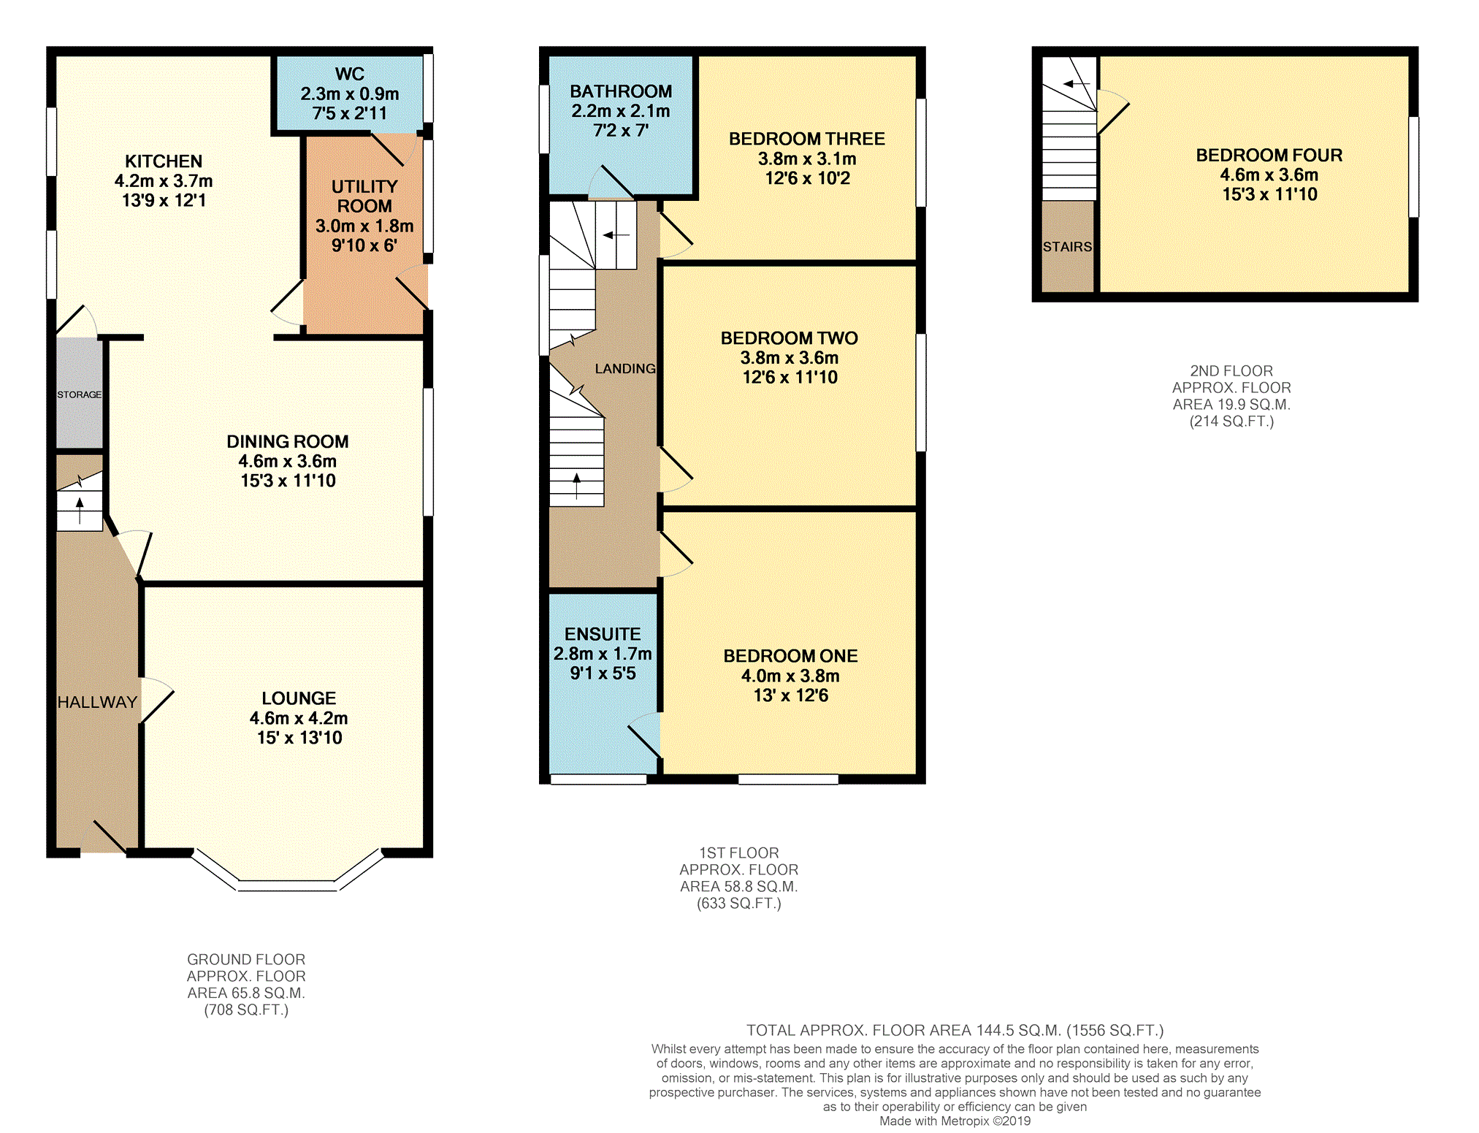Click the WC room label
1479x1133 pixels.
click(349, 74)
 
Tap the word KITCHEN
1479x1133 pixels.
click(164, 161)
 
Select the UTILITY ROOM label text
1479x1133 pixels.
click(364, 197)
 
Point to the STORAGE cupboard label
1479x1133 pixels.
click(80, 394)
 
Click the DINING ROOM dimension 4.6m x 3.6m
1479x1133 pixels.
click(288, 461)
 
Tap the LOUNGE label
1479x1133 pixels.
click(299, 698)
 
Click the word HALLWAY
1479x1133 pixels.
click(97, 702)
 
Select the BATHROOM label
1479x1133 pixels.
click(621, 91)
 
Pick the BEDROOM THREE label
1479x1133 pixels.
click(807, 139)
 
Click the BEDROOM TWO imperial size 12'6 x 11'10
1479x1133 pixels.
click(790, 377)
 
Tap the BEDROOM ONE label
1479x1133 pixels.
click(790, 656)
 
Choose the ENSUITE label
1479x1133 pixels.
click(603, 634)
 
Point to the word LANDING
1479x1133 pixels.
click(625, 369)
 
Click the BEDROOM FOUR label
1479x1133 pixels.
click(1269, 155)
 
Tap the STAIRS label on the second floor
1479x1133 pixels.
click(1067, 247)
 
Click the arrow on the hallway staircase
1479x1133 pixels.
click(80, 510)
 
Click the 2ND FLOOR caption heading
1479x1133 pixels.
click(1231, 371)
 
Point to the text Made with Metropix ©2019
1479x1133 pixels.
click(955, 1121)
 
